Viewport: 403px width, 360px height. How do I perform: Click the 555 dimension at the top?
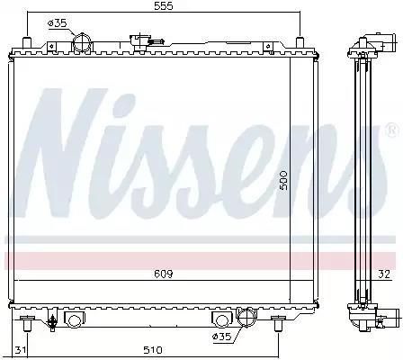pos(164,6)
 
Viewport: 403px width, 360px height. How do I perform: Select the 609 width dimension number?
pos(164,274)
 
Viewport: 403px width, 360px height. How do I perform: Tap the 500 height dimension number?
pos(283,180)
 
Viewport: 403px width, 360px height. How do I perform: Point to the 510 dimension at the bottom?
pos(152,350)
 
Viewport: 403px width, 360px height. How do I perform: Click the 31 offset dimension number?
pos(20,350)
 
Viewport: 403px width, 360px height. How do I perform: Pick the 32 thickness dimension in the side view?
pos(384,274)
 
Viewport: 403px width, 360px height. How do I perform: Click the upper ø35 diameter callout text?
pos(57,23)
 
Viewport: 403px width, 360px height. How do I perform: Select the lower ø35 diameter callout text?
pos(221,337)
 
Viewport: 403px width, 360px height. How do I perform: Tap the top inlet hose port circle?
pos(82,43)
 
